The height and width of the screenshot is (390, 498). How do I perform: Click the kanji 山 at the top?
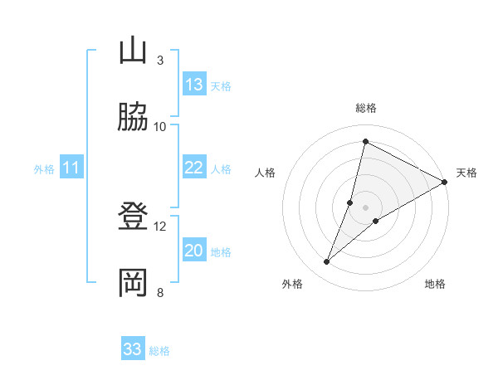[133, 51]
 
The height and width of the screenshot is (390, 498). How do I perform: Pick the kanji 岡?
[133, 283]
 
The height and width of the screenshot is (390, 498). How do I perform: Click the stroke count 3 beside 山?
[159, 61]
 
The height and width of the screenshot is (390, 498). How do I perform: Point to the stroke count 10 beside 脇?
[160, 126]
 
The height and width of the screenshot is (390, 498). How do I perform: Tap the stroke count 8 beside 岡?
[159, 292]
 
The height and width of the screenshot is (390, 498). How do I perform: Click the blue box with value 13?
[194, 85]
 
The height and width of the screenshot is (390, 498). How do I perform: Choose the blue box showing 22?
[194, 168]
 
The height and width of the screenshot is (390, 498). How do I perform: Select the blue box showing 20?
[194, 251]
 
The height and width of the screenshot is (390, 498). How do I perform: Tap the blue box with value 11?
[71, 168]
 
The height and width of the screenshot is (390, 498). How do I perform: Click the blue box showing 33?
[133, 349]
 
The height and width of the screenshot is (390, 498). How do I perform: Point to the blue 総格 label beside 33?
[159, 351]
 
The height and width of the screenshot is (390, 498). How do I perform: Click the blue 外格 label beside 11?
[44, 169]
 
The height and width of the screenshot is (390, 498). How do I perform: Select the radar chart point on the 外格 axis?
[327, 262]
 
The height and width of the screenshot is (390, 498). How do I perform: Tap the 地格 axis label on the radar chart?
[435, 285]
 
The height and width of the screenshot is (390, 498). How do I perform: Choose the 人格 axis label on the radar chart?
[265, 173]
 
